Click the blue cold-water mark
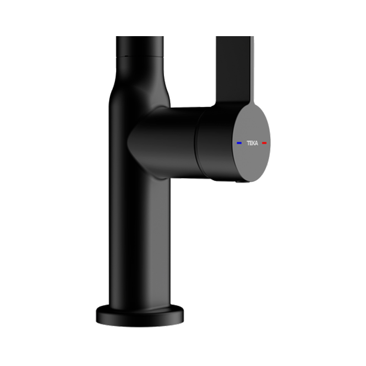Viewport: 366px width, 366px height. (239, 143)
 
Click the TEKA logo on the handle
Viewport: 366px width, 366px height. (253, 143)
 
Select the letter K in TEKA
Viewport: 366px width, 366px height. (254, 143)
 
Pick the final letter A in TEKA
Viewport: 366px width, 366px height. (257, 143)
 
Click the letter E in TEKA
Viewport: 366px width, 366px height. (251, 143)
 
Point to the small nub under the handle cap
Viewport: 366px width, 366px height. (239, 182)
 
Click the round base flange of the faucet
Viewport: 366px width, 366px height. (140, 315)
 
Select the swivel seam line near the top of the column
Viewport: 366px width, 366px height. (140, 56)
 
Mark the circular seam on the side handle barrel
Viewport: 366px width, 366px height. (197, 144)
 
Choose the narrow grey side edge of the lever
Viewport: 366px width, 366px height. (251, 69)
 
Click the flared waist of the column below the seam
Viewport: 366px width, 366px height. (137, 82)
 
